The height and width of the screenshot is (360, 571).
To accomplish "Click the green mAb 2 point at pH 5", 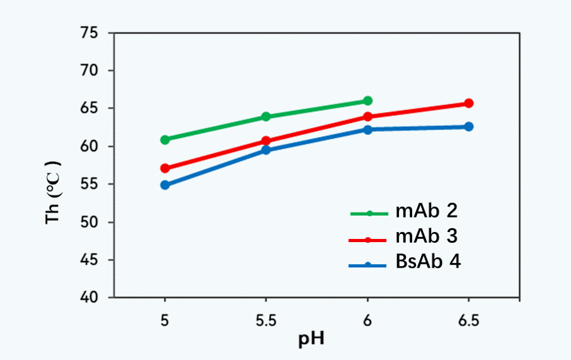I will click(165, 139).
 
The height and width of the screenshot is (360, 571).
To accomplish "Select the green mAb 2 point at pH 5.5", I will click(266, 117).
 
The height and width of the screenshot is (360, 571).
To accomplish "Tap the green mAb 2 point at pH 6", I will click(367, 101).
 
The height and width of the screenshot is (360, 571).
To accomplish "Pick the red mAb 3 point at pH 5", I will click(165, 168).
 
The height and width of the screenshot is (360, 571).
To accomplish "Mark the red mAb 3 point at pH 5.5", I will click(266, 141).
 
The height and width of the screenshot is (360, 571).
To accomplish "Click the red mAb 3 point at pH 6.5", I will click(468, 103).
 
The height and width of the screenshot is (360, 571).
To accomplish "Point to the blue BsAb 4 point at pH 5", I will click(165, 185).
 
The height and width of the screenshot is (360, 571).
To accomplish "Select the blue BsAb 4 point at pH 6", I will click(367, 129).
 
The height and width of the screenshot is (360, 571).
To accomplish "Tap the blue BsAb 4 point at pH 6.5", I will click(468, 127).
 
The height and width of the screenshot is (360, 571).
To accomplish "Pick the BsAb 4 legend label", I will click(428, 262).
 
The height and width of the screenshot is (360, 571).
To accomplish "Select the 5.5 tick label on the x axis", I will click(266, 322).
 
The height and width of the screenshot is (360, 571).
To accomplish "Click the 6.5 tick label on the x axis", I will click(468, 322).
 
